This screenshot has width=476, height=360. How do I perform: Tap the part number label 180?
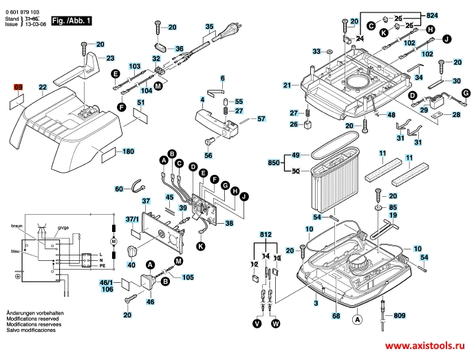128,151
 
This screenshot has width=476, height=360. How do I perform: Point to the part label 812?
266,235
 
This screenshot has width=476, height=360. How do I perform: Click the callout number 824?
431,14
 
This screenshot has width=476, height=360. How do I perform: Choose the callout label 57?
261,119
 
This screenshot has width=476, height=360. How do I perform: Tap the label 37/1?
131,219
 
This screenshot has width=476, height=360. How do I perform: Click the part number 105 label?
187,277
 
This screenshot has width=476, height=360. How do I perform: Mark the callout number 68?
336,316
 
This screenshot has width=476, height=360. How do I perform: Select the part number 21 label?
286,85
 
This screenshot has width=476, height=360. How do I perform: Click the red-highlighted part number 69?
19,87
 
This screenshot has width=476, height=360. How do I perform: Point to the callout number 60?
118,189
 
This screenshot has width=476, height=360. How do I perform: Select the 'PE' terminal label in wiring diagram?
103,264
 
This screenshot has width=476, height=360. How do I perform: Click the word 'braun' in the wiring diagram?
17,225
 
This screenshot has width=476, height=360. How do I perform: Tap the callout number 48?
390,115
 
